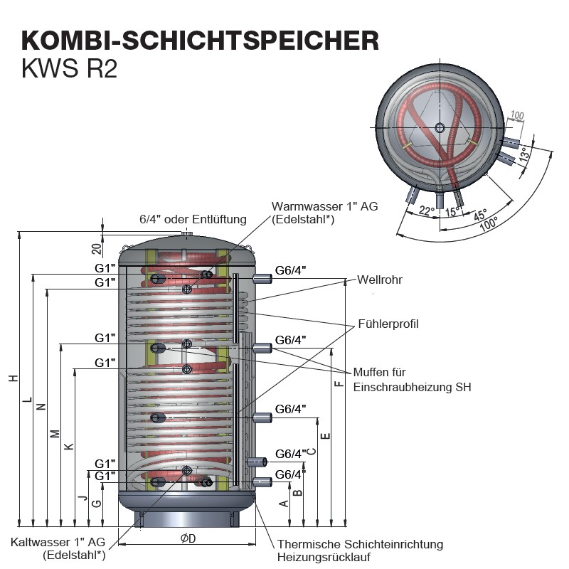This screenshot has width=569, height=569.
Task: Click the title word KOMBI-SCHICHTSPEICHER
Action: point(200,41)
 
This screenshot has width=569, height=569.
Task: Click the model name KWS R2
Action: point(69,68)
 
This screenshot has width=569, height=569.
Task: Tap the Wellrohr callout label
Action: point(380,280)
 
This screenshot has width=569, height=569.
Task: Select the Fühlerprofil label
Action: point(388,324)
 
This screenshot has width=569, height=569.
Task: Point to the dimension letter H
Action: point(14,378)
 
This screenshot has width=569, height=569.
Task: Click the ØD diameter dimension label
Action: point(188,538)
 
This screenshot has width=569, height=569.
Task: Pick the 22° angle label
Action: point(426,211)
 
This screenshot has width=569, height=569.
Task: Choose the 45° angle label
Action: point(480,215)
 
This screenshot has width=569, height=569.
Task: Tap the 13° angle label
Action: point(524,154)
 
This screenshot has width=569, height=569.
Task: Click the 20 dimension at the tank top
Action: point(96,248)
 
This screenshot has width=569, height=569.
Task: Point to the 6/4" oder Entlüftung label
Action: point(193,219)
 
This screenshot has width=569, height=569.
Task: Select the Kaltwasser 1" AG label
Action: point(58,542)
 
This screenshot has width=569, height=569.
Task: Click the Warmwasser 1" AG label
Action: point(325,206)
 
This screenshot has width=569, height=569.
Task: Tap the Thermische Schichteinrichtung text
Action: point(361,544)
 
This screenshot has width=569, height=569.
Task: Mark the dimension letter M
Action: point(55,434)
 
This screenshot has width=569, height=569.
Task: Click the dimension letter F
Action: point(339,383)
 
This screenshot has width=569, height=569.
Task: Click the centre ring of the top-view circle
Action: point(440,128)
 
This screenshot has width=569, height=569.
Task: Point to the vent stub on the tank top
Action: point(187,234)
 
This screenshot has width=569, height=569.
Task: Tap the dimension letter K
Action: point(69,447)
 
